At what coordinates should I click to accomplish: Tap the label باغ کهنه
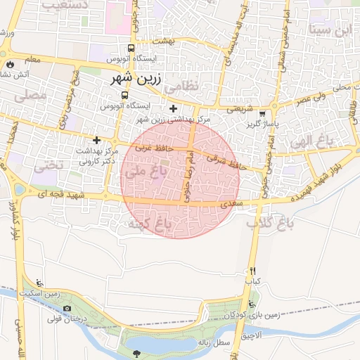[148, 224]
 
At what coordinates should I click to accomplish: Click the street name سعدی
[228, 204]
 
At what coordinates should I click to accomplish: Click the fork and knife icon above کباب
[252, 271]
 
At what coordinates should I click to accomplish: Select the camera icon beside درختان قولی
[67, 308]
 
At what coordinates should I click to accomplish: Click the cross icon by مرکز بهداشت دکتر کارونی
[97, 140]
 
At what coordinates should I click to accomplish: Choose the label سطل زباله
[214, 342]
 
